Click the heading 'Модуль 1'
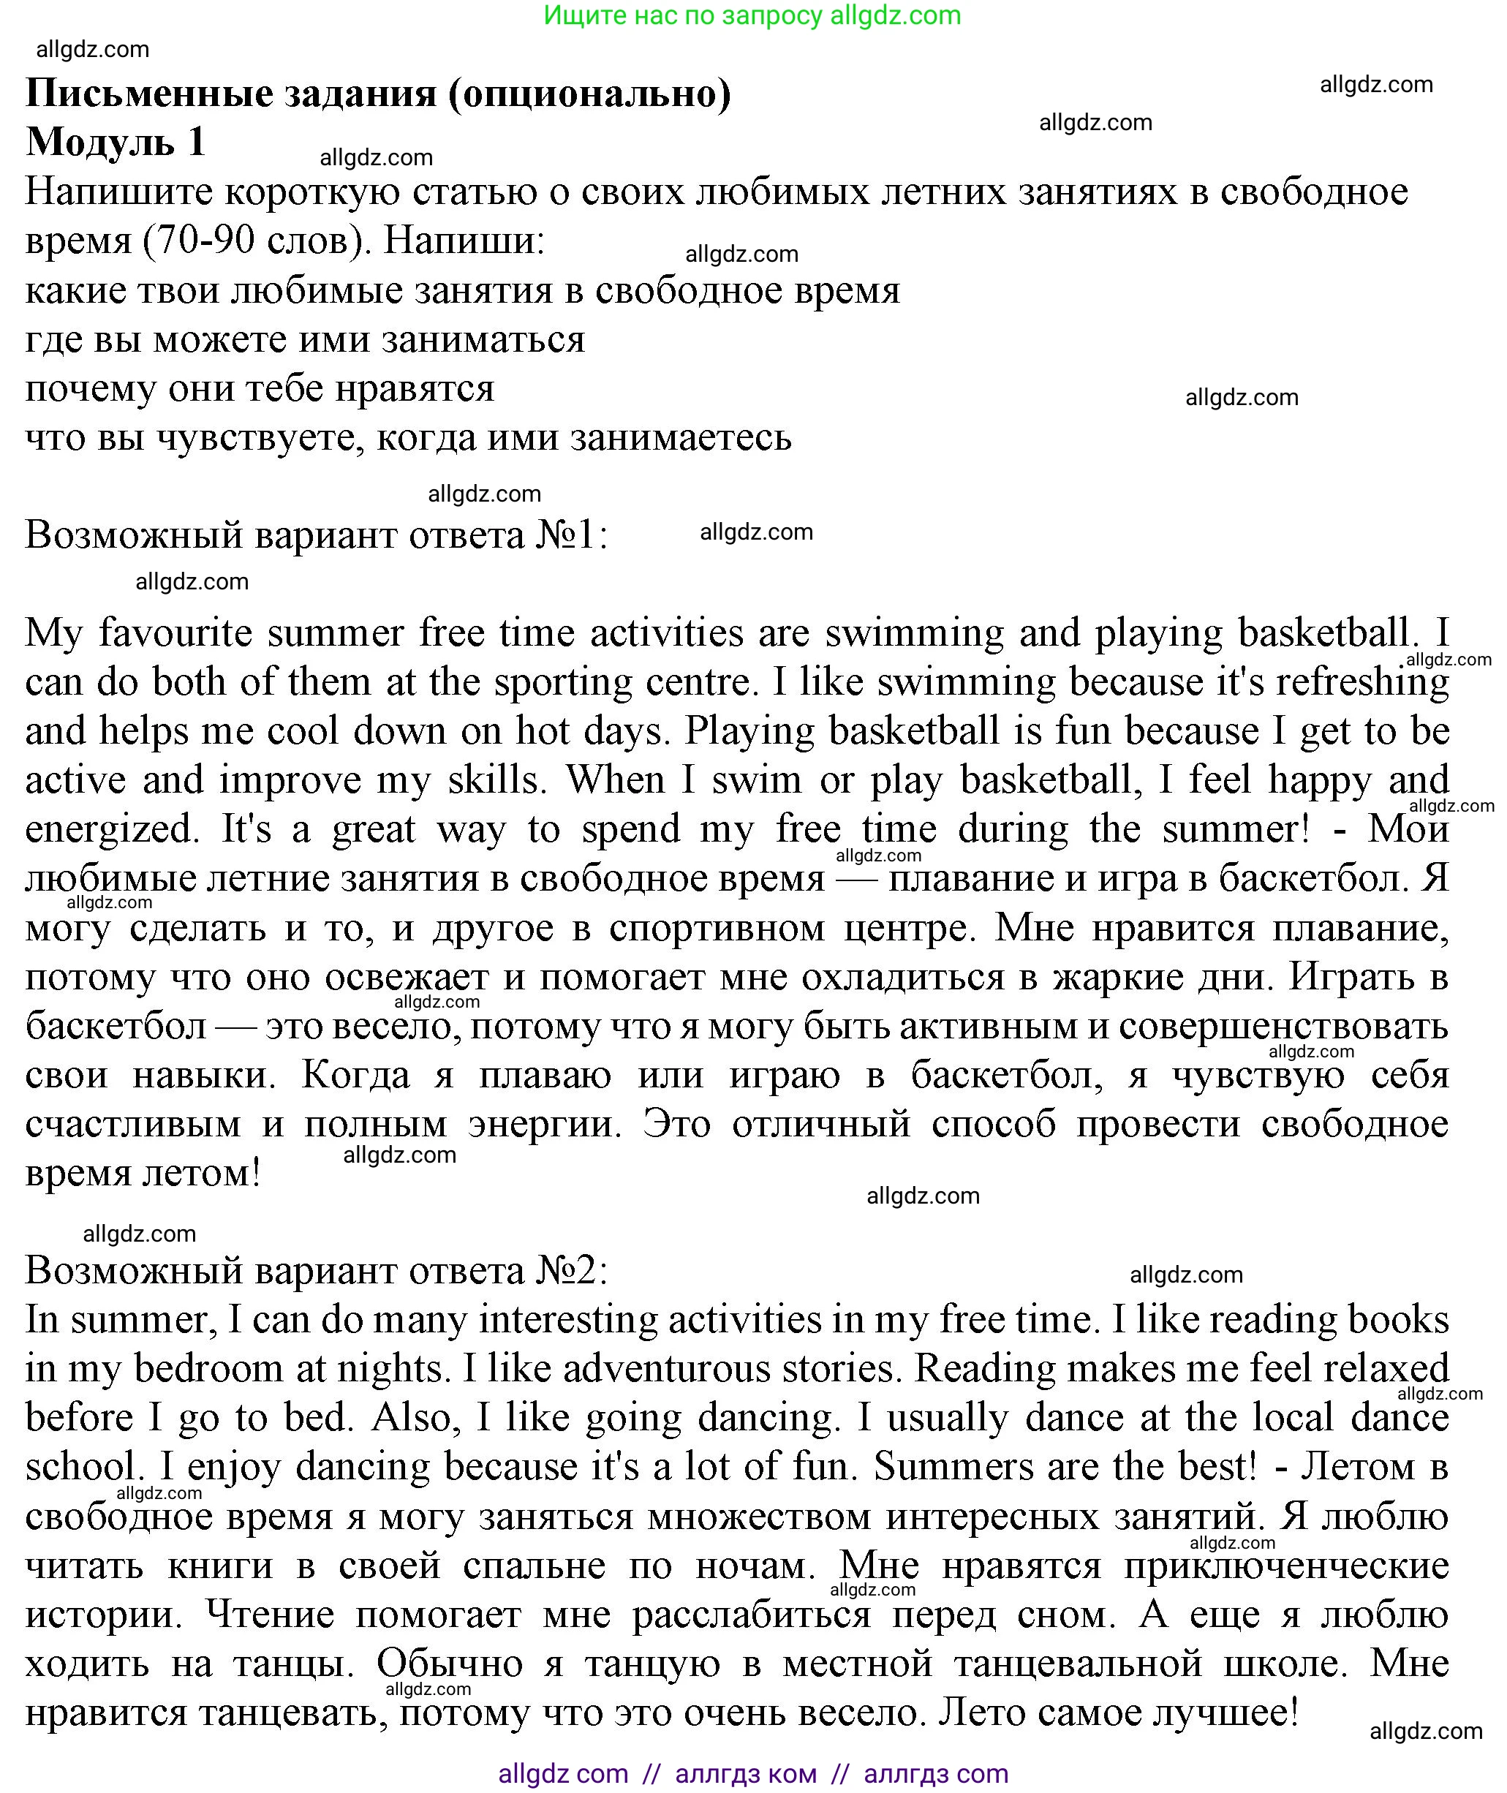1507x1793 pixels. pos(116,142)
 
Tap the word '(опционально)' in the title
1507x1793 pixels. pos(589,93)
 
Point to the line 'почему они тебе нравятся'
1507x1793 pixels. pos(260,389)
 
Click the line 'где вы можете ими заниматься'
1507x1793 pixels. pos(305,340)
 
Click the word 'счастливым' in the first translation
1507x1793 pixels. pos(132,1125)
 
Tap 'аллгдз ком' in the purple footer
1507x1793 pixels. pos(745,1774)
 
